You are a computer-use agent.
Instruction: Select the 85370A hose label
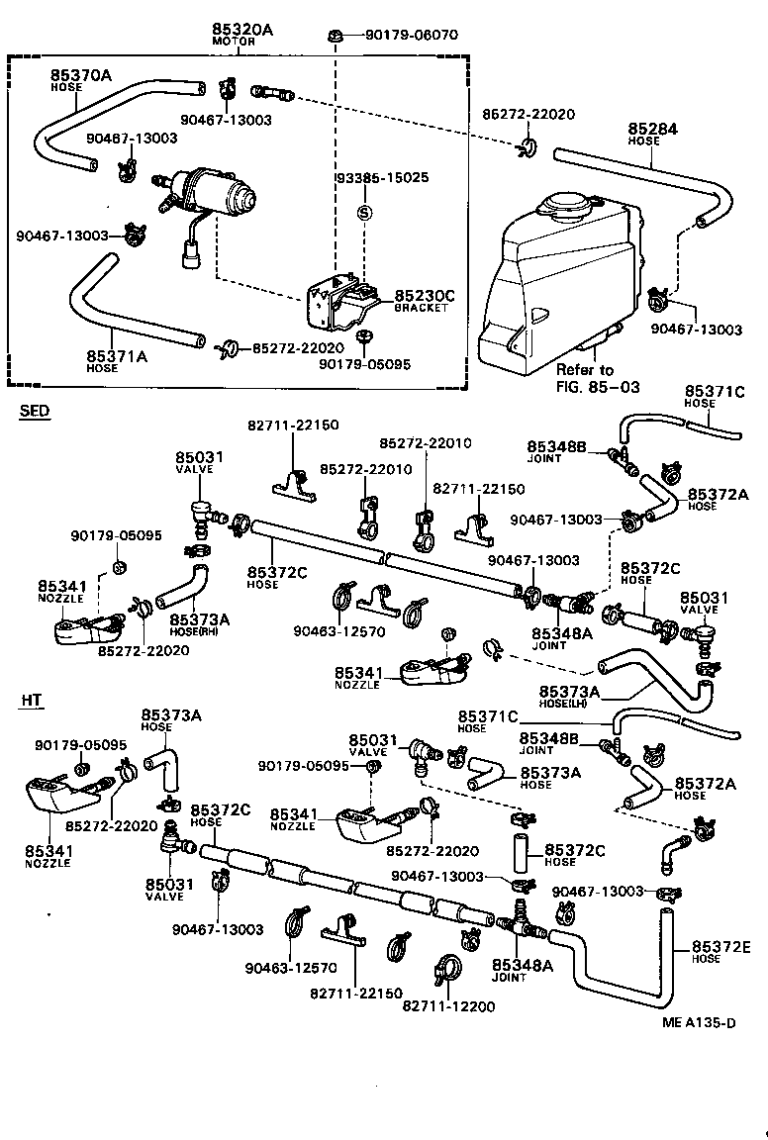(x=81, y=74)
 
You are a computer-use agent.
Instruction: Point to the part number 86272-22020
(x=528, y=115)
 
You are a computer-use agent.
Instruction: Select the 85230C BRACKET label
(x=424, y=296)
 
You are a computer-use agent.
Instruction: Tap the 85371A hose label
(x=117, y=355)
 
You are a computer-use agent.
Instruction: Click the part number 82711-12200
(x=448, y=1005)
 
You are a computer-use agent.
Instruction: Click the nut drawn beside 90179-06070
(x=336, y=37)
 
